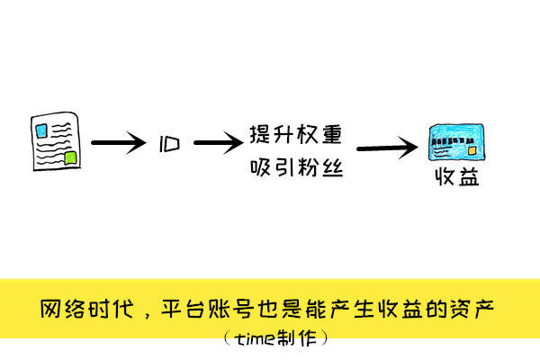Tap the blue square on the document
click(41, 128)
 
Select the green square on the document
click(71, 158)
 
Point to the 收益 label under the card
click(456, 177)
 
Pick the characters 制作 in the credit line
click(295, 339)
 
